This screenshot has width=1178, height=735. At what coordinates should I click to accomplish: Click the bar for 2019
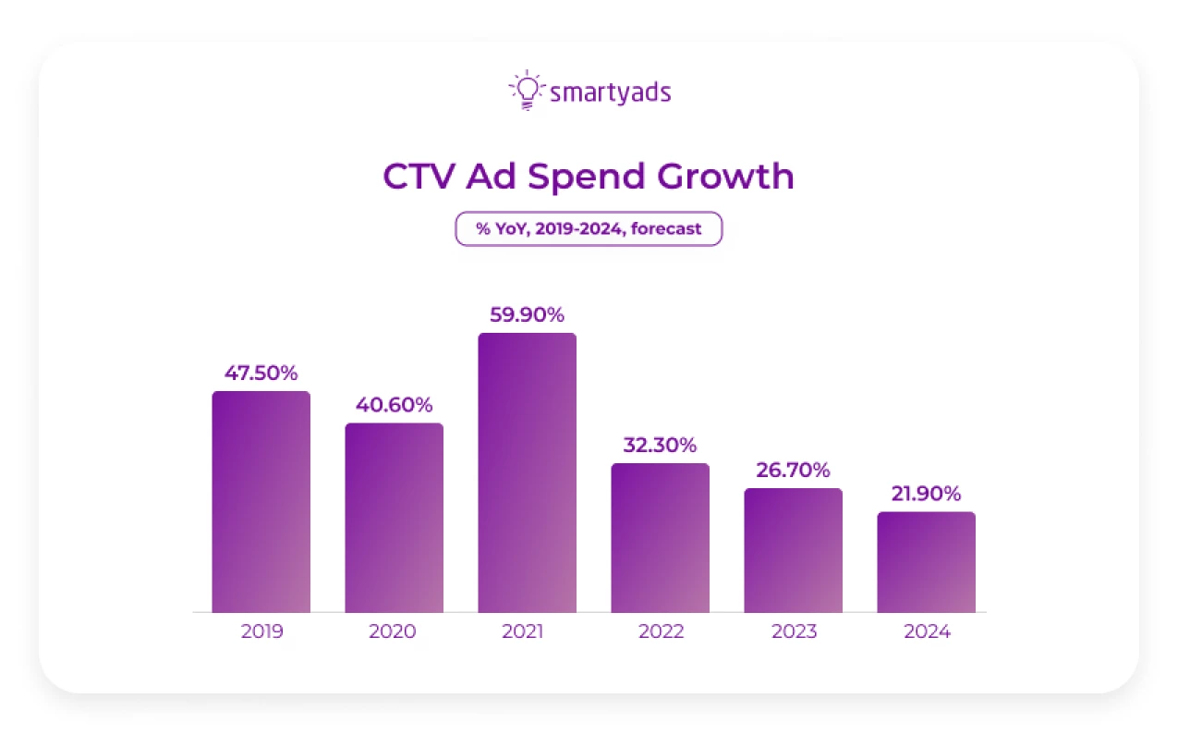point(261,502)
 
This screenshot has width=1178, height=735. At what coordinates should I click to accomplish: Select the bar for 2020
point(395,518)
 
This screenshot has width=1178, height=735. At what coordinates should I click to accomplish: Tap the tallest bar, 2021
point(527,472)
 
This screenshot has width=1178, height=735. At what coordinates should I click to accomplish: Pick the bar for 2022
point(660,538)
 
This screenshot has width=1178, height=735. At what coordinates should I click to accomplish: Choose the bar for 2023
point(793,550)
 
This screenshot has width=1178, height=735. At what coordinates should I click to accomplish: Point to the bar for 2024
point(926,562)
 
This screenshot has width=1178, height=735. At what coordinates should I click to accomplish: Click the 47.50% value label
point(261,374)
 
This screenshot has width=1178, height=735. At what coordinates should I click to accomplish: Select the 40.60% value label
point(395,405)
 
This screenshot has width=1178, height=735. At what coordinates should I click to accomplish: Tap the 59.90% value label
point(527,315)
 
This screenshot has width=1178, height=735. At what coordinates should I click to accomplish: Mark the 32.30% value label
point(660,446)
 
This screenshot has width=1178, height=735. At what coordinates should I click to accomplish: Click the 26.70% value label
point(793,471)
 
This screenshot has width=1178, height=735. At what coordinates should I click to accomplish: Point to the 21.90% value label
point(926,494)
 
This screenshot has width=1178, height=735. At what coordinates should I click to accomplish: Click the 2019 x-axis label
point(261,632)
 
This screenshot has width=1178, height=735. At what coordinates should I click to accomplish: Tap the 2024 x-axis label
point(927,632)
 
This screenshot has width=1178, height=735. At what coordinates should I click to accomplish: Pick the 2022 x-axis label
point(661,632)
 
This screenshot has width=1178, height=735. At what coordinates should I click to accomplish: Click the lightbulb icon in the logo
point(526,91)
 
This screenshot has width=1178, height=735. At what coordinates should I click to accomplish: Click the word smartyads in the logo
point(610,92)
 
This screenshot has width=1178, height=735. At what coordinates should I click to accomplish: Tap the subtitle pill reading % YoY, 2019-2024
point(589,229)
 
